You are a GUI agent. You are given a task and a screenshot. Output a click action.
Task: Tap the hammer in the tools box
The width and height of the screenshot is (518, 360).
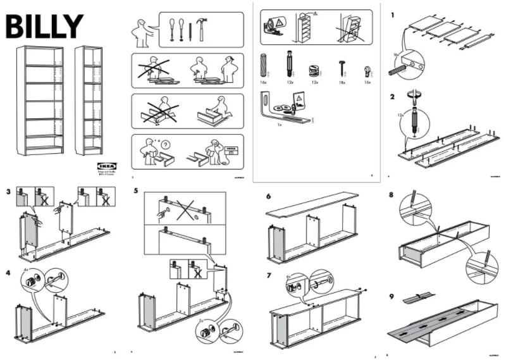200,29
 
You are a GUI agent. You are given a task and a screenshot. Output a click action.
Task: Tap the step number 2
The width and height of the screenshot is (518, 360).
392,97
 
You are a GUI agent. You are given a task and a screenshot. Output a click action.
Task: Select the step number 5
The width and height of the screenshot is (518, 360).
135,190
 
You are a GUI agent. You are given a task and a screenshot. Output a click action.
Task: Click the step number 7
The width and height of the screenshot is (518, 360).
268,276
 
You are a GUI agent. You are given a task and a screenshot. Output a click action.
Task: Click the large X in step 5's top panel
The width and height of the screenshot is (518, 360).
182,211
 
